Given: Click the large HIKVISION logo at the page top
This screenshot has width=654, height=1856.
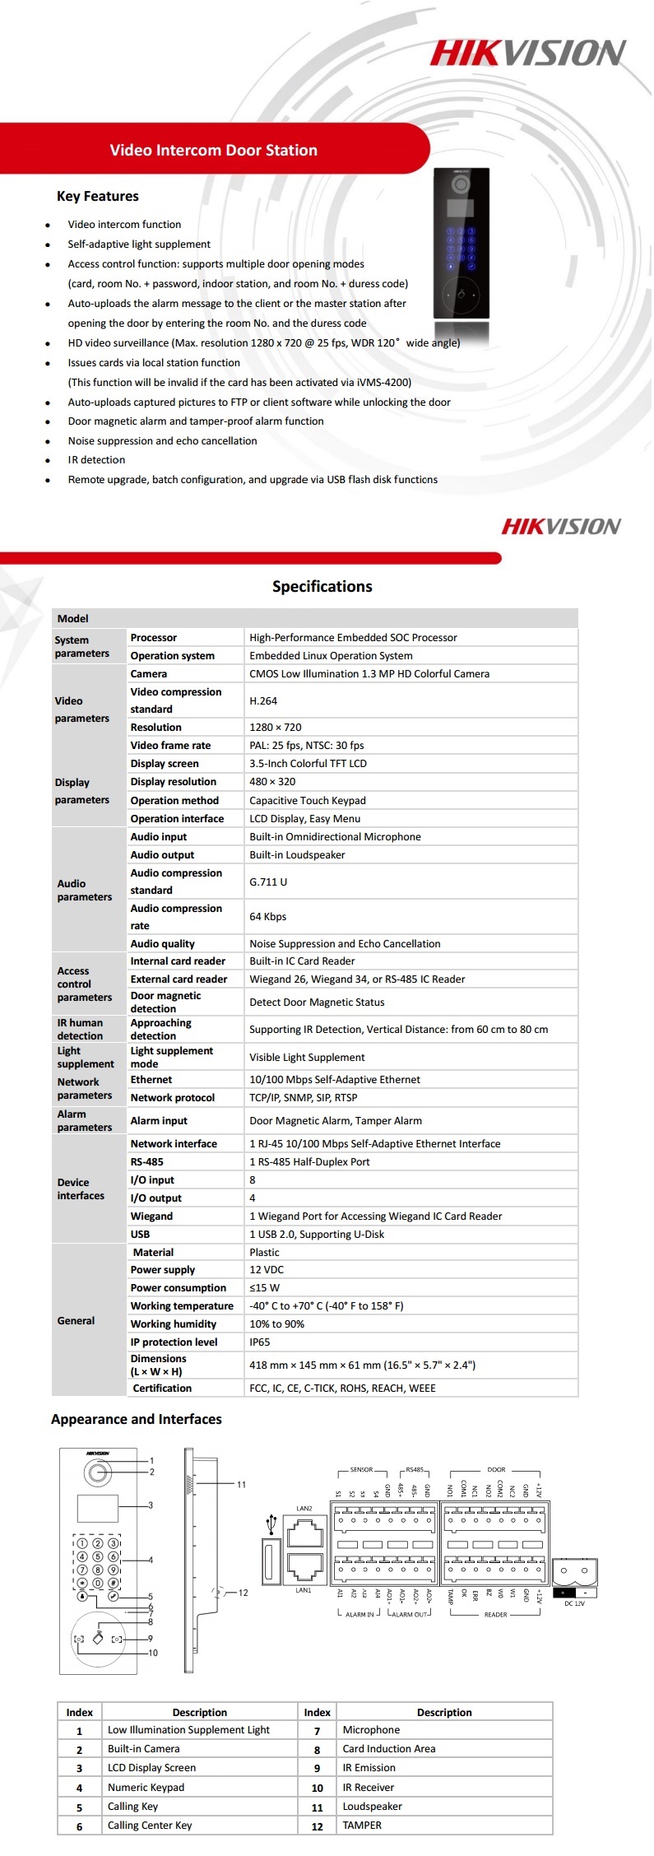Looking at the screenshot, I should (x=527, y=53).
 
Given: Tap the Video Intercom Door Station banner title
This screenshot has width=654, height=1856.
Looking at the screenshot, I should (x=213, y=151).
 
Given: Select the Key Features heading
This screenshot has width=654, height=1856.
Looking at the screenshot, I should (x=97, y=196).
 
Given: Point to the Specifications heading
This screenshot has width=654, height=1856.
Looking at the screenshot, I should (x=322, y=587).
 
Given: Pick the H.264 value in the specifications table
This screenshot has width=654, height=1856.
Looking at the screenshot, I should (x=263, y=701).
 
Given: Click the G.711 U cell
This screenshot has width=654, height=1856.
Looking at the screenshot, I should (x=268, y=882).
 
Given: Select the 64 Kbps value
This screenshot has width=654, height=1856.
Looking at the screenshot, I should (x=268, y=917).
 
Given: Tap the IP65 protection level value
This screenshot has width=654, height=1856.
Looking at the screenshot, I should (x=260, y=1342).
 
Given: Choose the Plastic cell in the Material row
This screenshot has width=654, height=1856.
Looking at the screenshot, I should (x=264, y=1253).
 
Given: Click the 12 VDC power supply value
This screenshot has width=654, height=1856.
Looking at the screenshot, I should (x=267, y=1270).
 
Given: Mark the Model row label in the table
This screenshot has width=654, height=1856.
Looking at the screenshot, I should (x=73, y=619).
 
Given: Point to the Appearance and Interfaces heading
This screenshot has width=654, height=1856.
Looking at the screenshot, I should (x=136, y=1420).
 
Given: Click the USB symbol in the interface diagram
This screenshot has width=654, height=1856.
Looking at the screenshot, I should (x=270, y=1524).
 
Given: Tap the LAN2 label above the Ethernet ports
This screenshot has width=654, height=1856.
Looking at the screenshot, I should (x=304, y=1509).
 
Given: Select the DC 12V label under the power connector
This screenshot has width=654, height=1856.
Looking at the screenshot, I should (x=574, y=1603).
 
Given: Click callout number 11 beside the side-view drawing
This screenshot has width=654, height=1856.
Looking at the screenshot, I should (x=241, y=1485).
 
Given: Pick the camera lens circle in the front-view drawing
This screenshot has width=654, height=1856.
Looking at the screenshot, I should (x=99, y=1472).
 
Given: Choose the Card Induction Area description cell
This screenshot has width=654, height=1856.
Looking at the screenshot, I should (x=388, y=1749).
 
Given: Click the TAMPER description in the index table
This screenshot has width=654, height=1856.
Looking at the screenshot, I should (x=362, y=1826).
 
